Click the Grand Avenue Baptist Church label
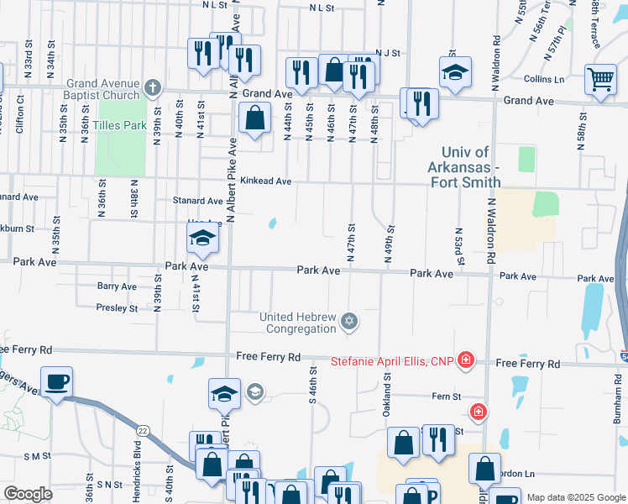102,88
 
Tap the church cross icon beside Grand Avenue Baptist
152,87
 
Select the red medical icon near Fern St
478,412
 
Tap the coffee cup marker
57,383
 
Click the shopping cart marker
601,81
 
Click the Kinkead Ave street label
265,181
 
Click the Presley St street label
117,308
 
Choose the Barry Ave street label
117,286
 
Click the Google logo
29,494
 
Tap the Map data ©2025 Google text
575,497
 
